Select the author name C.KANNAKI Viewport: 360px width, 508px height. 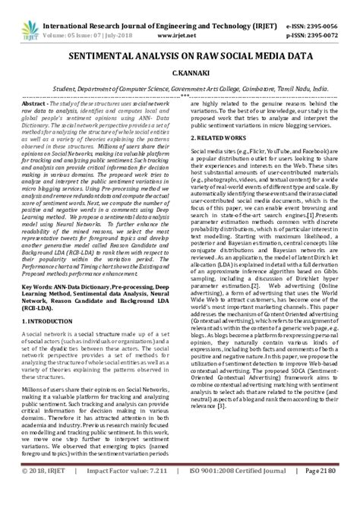(x=180, y=74)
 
